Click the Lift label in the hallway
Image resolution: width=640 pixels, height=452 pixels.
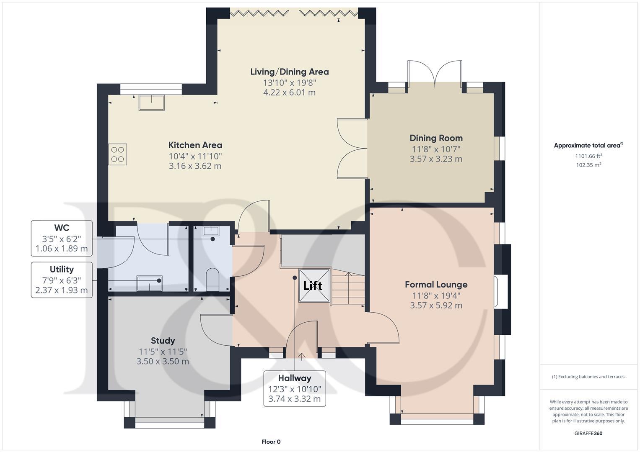(313, 286)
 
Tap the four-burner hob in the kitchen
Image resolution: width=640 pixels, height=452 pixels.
(118, 154)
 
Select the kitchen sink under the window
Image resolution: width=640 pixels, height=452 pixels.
(152, 103)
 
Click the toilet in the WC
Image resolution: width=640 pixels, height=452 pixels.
(212, 278)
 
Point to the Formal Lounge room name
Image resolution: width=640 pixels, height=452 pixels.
(436, 285)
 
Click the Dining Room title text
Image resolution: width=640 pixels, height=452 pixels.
(436, 138)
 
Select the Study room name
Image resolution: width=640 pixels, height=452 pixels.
(163, 341)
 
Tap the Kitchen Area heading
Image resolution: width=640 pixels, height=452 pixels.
(195, 145)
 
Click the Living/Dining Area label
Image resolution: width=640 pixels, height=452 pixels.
(289, 72)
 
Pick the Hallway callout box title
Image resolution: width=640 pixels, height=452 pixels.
(294, 378)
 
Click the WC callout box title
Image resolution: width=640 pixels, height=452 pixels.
(62, 228)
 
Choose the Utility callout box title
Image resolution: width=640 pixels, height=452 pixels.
(62, 270)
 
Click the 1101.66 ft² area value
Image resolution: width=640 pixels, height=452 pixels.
(588, 156)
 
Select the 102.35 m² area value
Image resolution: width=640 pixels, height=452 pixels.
(588, 165)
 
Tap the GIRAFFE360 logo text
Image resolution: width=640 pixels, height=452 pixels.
(588, 433)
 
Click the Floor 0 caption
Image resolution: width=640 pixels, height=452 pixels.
(271, 442)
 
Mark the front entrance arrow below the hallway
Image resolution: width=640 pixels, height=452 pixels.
(301, 356)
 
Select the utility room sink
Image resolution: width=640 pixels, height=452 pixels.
(149, 282)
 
